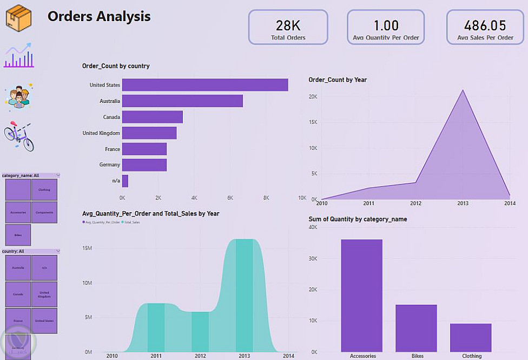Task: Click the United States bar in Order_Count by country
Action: (204, 85)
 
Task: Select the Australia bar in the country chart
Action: (182, 101)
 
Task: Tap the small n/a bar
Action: (125, 181)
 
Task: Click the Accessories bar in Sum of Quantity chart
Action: (361, 296)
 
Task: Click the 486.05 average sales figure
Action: (485, 25)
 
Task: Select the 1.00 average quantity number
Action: (386, 25)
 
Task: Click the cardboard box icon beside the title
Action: (18, 16)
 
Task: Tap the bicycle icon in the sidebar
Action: (19, 135)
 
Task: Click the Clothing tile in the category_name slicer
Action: (44, 190)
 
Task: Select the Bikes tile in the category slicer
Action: (18, 235)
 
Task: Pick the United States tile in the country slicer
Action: (44, 321)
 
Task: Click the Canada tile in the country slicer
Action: (18, 294)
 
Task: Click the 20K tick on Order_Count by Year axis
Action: (313, 96)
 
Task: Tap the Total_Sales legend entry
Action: (132, 222)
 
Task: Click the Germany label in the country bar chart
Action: (110, 165)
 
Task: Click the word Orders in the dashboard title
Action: (70, 16)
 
